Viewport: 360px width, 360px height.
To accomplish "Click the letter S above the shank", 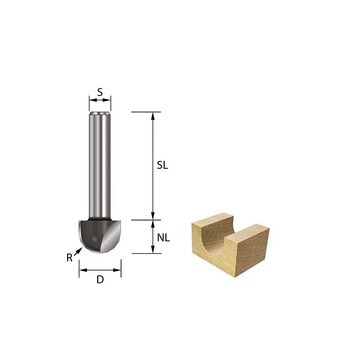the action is (100, 92).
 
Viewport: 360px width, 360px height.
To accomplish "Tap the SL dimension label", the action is (162, 165).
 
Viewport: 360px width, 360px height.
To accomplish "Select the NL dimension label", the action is (163, 238).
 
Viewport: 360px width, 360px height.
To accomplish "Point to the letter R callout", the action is (69, 258).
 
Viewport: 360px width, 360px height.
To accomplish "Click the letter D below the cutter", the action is (100, 279).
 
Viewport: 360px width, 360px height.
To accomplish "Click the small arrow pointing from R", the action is (78, 251).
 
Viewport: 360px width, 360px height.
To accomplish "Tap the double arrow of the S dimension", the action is (100, 100).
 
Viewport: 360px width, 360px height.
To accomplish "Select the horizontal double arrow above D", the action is (100, 270).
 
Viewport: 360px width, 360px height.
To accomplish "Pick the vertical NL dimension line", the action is (153, 237).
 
